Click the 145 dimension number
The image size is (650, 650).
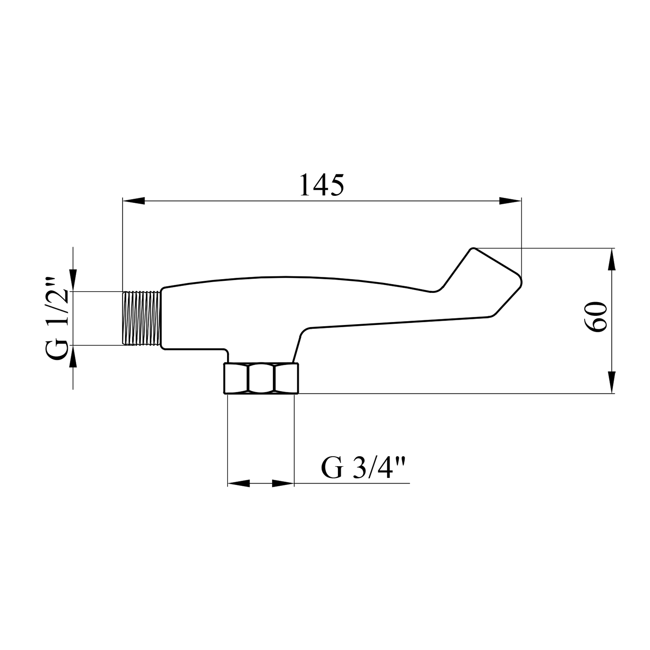(322, 185)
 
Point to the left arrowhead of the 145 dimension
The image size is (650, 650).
(133, 201)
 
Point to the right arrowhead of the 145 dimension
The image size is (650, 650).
(510, 201)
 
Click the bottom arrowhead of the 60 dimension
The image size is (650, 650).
(612, 383)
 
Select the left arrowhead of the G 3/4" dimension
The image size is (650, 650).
(239, 483)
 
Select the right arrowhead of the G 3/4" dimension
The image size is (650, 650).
(283, 483)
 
